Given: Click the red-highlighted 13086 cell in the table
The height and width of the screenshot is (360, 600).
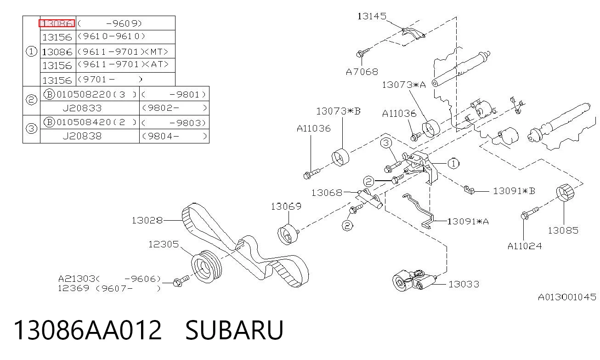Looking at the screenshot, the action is click(57, 23).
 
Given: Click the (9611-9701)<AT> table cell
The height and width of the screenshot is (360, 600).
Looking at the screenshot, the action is click(125, 65).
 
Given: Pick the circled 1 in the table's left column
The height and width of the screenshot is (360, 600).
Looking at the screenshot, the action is click(31, 51).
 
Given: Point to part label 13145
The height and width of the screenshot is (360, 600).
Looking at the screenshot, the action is click(372, 17).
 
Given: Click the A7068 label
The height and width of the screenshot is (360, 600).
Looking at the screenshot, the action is click(362, 72).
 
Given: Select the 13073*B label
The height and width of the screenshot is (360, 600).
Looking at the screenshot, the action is click(338, 111).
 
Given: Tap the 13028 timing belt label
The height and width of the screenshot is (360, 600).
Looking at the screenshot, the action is click(147, 220).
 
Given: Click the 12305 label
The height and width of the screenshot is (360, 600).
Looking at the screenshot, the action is click(164, 244).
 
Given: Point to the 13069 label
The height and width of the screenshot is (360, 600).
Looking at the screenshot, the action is click(286, 206).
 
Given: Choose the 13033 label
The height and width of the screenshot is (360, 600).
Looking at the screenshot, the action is click(464, 284).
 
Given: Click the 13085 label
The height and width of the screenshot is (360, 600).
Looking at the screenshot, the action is click(563, 230).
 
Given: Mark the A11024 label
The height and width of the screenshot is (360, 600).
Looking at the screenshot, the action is click(525, 246).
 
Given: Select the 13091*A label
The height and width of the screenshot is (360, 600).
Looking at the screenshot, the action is click(468, 222).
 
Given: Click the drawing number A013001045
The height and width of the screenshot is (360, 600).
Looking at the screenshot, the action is click(567, 297).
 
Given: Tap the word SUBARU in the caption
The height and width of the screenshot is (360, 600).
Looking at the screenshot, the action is click(234, 330).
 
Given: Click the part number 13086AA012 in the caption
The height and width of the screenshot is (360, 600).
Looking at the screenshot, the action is click(88, 330).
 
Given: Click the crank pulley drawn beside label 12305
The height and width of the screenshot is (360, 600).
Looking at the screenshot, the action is click(207, 267).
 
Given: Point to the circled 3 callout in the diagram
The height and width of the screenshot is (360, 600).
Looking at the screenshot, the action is click(386, 143).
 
